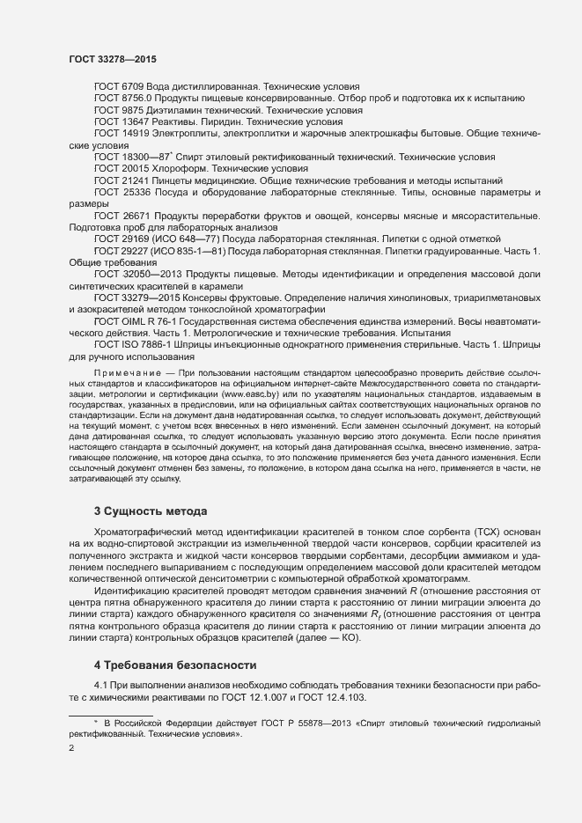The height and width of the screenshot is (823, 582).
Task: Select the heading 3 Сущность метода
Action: (150, 511)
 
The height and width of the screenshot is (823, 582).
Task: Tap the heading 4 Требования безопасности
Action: (175, 663)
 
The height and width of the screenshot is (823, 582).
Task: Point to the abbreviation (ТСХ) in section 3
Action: (514, 533)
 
